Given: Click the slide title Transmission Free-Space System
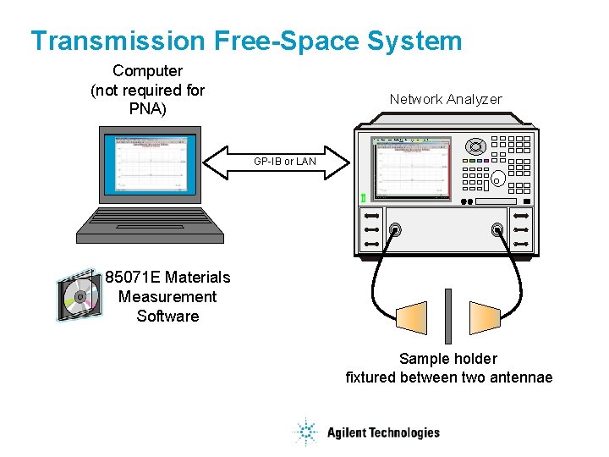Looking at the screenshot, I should tap(246, 41).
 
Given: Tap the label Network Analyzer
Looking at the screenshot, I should tap(445, 100).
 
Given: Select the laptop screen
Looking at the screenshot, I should tap(149, 167).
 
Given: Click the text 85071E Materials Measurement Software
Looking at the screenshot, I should tap(167, 296).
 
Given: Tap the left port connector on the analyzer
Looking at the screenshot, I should tap(395, 228).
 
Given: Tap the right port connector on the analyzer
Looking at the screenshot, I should tap(498, 228).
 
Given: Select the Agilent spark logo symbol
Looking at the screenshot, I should tap(305, 432).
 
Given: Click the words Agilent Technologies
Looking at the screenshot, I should tap(383, 432).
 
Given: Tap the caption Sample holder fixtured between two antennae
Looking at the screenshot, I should tap(448, 368).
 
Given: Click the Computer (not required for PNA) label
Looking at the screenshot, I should tap(148, 90).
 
